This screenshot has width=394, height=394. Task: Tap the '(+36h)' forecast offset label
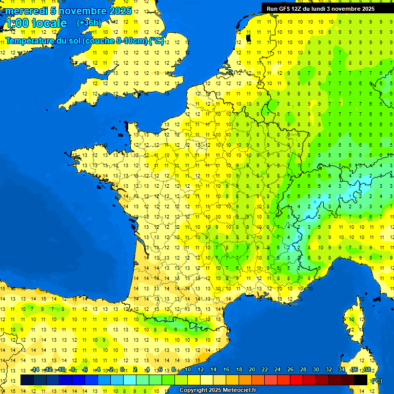pyautogui.click(x=89, y=23)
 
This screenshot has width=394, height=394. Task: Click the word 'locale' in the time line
pyautogui.click(x=49, y=23)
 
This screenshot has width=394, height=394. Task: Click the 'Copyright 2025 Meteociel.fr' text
pyautogui.click(x=217, y=390)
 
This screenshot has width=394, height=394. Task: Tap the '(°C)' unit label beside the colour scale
pyautogui.click(x=377, y=380)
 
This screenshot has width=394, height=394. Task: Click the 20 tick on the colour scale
pyautogui.click(x=251, y=369)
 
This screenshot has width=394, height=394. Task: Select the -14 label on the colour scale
pyautogui.click(x=35, y=369)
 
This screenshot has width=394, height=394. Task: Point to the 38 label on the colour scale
pyautogui.click(x=367, y=369)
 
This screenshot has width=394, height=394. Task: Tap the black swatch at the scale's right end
pyautogui.click(x=361, y=380)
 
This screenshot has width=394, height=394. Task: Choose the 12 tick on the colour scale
pyautogui.click(x=200, y=369)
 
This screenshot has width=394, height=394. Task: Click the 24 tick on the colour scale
pyautogui.click(x=277, y=369)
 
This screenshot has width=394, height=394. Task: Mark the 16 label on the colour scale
pyautogui.click(x=226, y=369)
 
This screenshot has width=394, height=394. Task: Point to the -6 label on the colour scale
pyautogui.click(x=85, y=369)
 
